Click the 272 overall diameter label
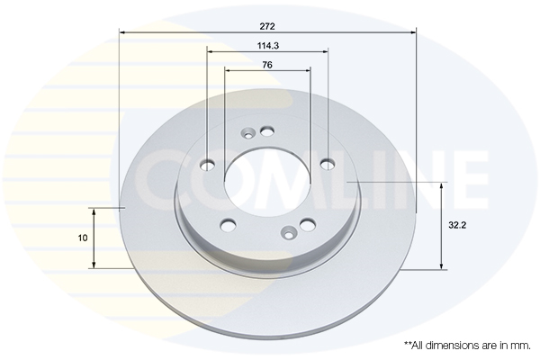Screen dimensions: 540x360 pyautogui.click(x=267, y=26)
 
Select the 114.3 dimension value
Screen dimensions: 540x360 pyautogui.click(x=268, y=46)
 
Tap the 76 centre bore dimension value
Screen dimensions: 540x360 pyautogui.click(x=267, y=65)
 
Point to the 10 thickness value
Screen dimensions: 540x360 pyautogui.click(x=83, y=238)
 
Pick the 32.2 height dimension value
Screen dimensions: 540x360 pyautogui.click(x=457, y=226)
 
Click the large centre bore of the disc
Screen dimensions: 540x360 pyautogui.click(x=267, y=184)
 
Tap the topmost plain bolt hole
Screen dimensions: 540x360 pyautogui.click(x=267, y=130)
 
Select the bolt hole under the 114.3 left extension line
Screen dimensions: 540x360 pyautogui.click(x=208, y=165)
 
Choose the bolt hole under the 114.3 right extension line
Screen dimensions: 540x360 pyautogui.click(x=328, y=165)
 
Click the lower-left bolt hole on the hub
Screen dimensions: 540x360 pyautogui.click(x=228, y=226)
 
